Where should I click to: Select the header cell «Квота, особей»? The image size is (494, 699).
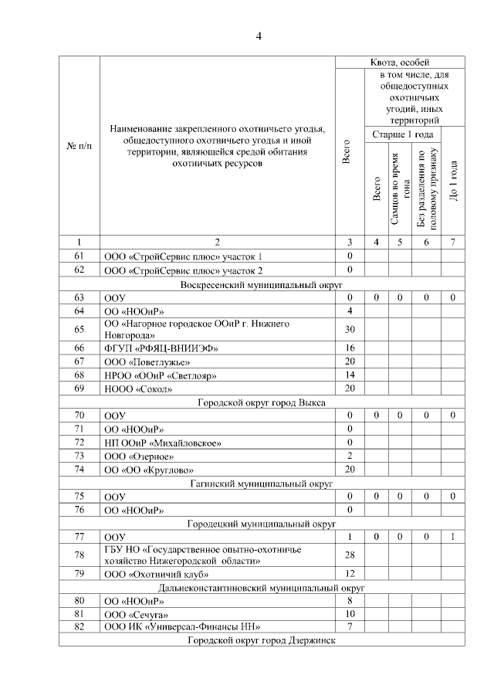tap(400, 62)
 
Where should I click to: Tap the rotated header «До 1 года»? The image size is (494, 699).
tap(453, 182)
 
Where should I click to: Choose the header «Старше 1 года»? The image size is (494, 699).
tap(400, 134)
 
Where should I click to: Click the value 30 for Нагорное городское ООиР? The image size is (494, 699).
tap(350, 330)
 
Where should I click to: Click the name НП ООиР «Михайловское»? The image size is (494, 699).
tap(163, 443)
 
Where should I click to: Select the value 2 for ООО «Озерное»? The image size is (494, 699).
tap(350, 456)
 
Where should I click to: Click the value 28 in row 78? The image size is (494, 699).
tap(350, 555)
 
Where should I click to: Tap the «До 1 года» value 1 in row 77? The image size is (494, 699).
tap(453, 536)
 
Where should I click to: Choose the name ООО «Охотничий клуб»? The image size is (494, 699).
tap(149, 574)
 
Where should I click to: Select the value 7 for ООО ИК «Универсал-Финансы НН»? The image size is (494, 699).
tap(350, 626)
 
